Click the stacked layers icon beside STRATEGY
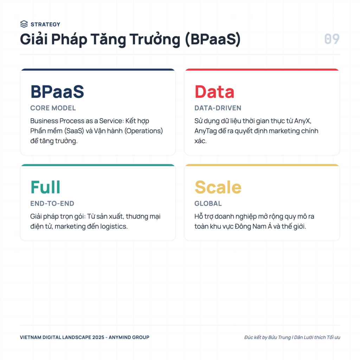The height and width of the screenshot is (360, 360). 24,24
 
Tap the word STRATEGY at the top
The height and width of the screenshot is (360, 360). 45,24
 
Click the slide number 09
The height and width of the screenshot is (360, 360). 332,39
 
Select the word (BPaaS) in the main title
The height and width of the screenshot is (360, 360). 213,39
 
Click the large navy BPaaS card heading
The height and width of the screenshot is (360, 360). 57,92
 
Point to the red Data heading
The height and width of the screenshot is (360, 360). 214,92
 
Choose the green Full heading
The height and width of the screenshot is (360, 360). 45,187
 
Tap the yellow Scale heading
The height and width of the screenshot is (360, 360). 218,187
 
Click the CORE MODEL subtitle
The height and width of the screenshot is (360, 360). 53,108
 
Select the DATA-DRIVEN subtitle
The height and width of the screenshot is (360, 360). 218,108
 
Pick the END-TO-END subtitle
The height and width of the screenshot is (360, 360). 52,204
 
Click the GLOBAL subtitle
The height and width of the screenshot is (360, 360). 208,204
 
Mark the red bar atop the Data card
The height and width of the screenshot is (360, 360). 262,69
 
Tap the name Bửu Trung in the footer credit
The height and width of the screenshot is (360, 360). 279,337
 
